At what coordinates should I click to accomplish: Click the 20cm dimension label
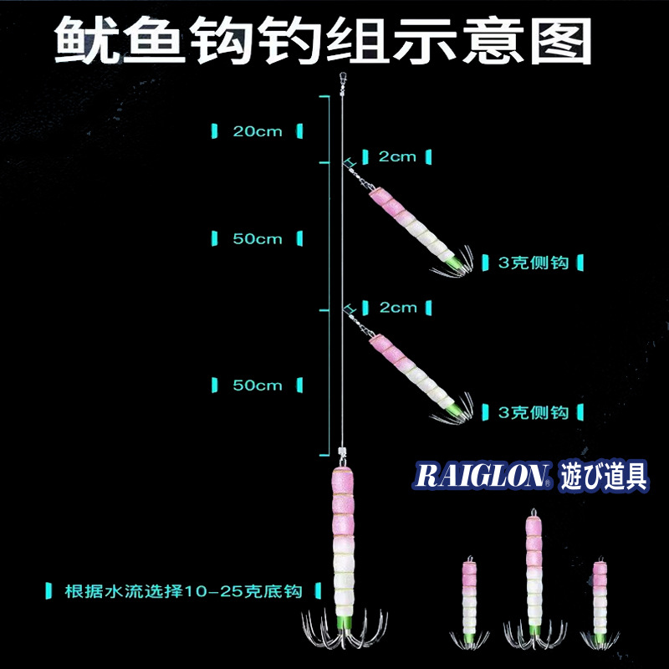(258, 131)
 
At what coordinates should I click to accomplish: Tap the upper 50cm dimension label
(258, 239)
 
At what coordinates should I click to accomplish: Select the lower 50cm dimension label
(258, 386)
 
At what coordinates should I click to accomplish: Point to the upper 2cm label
(397, 156)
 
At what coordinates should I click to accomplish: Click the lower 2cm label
(397, 307)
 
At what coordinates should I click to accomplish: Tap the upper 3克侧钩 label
(533, 263)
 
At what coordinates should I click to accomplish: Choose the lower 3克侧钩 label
(533, 411)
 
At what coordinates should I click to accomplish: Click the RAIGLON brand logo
(481, 476)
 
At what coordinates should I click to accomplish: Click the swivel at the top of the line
(341, 82)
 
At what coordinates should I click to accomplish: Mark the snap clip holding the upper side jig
(358, 174)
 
